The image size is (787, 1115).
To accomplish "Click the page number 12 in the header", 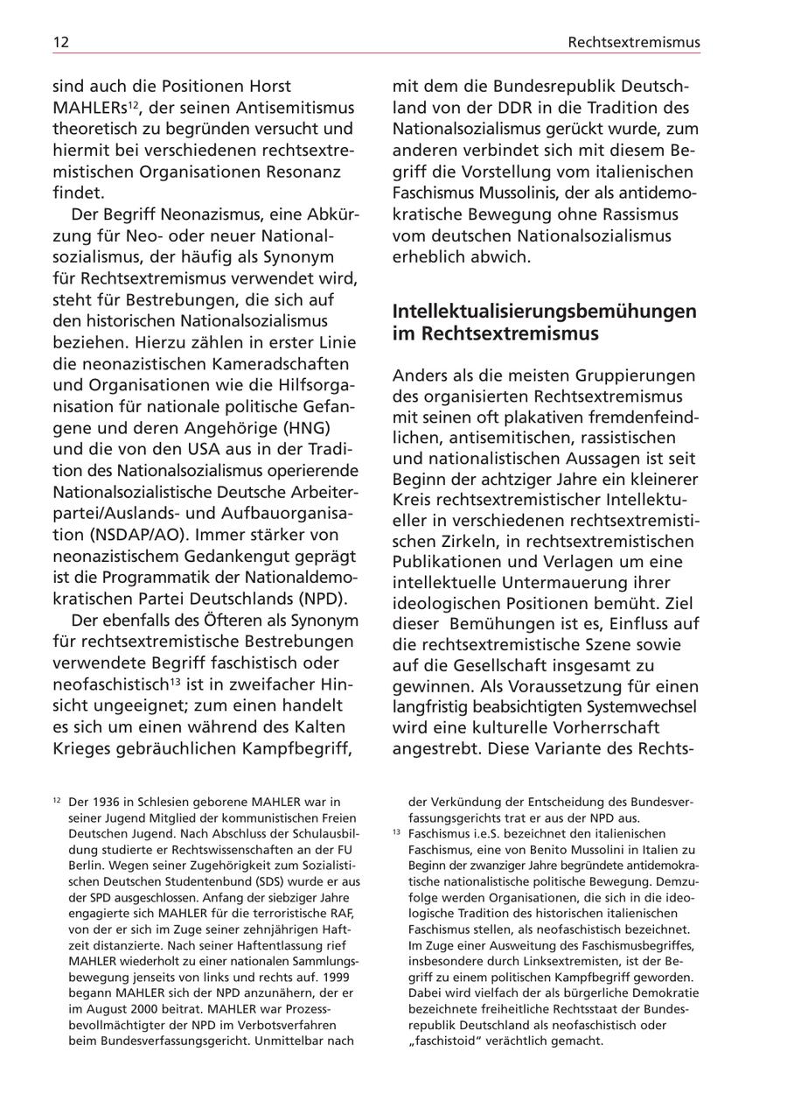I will [60, 42].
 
